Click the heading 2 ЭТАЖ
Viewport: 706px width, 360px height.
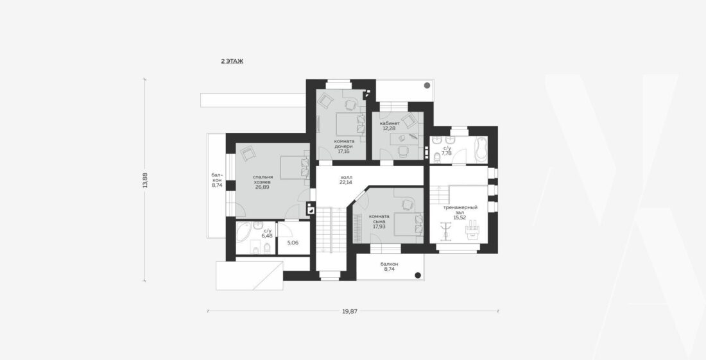pyautogui.click(x=232, y=61)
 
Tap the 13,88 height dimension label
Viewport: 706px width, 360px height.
pyautogui.click(x=145, y=180)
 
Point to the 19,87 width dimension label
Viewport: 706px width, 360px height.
pyautogui.click(x=350, y=311)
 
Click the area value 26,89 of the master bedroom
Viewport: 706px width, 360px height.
pyautogui.click(x=262, y=187)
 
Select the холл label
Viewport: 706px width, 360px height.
pyautogui.click(x=346, y=177)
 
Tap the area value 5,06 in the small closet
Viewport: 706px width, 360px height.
pyautogui.click(x=293, y=243)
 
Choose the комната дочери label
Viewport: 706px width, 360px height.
pyautogui.click(x=344, y=143)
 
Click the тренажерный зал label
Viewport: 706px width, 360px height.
pyautogui.click(x=460, y=210)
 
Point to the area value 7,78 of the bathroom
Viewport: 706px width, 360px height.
pyautogui.click(x=447, y=153)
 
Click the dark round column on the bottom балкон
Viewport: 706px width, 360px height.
pyautogui.click(x=417, y=275)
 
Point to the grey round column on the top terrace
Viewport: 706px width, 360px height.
pyautogui.click(x=427, y=85)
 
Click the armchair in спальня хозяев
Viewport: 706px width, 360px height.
pyautogui.click(x=247, y=155)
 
